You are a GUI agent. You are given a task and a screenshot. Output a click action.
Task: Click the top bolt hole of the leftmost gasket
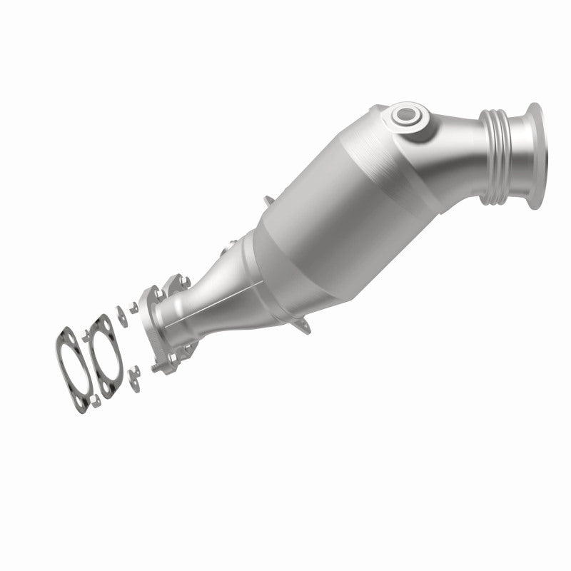pyautogui.click(x=71, y=338)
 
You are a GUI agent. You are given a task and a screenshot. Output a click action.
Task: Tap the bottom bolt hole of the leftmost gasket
pyautogui.click(x=79, y=400)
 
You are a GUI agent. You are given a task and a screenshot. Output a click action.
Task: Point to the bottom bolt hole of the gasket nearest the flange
pyautogui.click(x=106, y=386)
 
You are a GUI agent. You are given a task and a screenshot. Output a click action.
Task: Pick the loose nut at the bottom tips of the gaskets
pyautogui.click(x=95, y=400)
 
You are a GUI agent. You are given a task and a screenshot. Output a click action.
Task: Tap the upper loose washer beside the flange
pyautogui.click(x=122, y=316)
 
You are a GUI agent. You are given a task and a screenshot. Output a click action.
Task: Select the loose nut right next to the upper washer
pyautogui.click(x=133, y=307)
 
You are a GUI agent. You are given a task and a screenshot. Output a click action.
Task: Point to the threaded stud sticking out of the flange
pyautogui.click(x=155, y=368)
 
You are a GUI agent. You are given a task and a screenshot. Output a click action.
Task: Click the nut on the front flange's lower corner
pyautogui.click(x=173, y=358)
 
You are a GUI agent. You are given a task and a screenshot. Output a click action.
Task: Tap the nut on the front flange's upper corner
pyautogui.click(x=159, y=293)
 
